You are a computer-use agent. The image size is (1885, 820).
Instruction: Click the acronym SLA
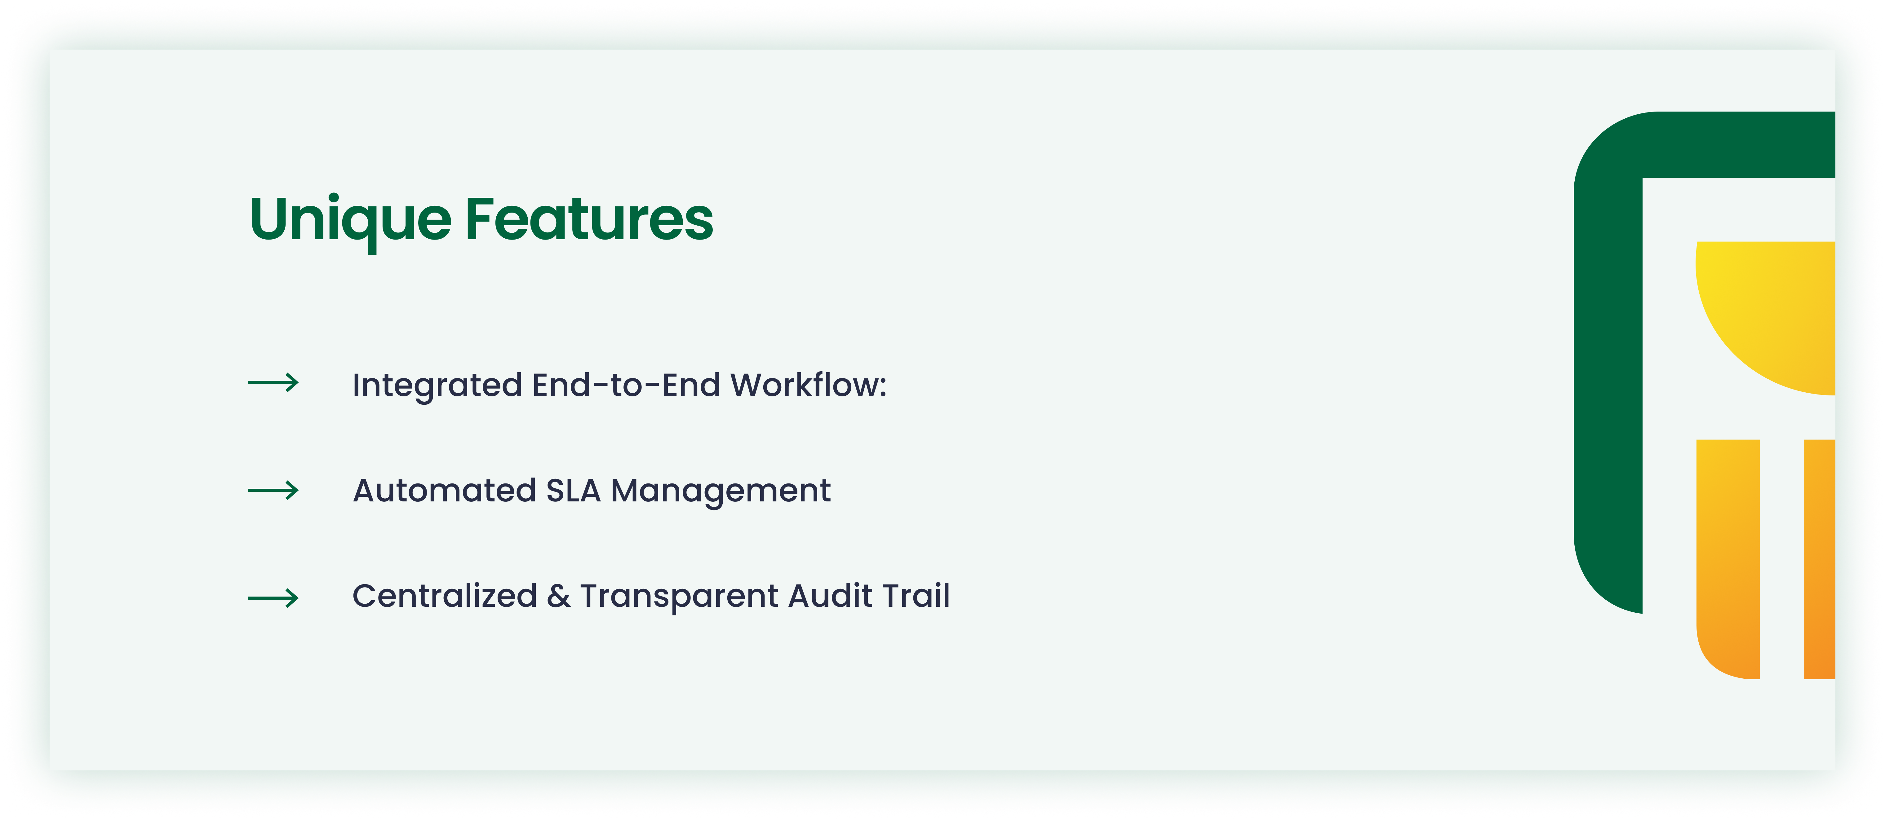(574, 490)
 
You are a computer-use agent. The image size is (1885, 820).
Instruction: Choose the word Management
(721, 492)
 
